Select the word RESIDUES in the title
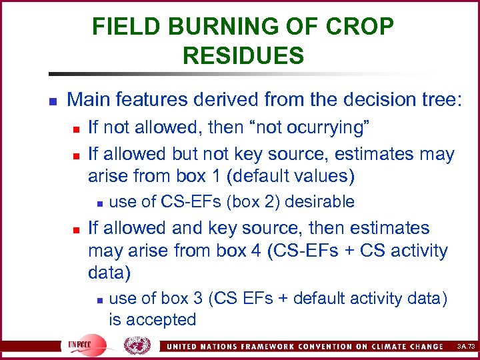[x=243, y=55]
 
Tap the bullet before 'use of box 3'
[x=98, y=299]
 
